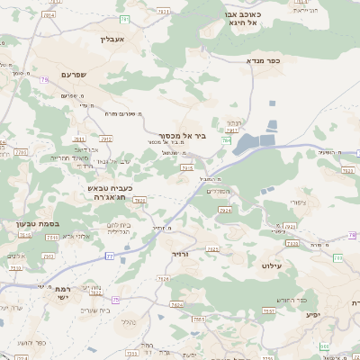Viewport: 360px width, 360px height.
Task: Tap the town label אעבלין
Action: (120, 40)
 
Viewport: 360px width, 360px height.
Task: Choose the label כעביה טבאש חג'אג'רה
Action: (110, 193)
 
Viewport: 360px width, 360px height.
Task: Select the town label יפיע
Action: (312, 314)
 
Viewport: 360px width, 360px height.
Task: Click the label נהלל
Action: (130, 321)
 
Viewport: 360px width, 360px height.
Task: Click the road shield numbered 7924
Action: (224, 210)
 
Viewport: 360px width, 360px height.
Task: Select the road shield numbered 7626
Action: (164, 279)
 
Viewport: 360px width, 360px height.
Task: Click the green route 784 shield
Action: (226, 140)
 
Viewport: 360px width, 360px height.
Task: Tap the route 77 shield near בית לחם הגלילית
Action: (110, 256)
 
